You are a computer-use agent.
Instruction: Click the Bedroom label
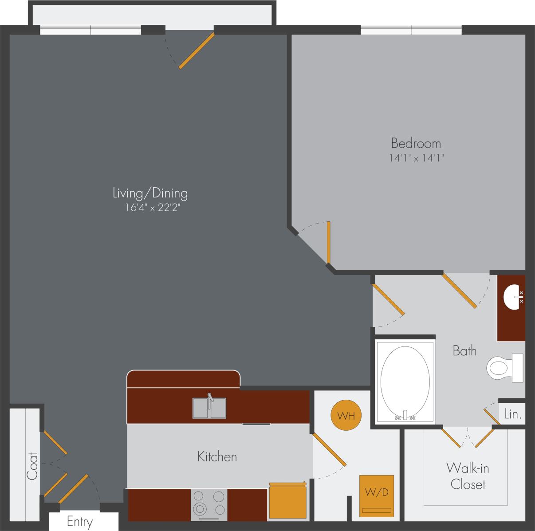point(416,143)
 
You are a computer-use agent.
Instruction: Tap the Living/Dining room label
point(150,193)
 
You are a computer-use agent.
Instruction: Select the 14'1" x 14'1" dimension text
point(417,157)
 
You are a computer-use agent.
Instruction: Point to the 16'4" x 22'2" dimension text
point(152,208)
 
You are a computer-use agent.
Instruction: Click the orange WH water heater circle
point(346,416)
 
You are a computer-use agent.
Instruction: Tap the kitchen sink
point(209,407)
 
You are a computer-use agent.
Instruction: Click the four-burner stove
point(209,505)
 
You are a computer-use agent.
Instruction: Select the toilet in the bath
point(505,368)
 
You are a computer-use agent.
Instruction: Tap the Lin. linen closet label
point(512,415)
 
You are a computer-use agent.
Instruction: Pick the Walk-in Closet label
point(468,476)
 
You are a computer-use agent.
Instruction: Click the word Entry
point(80,522)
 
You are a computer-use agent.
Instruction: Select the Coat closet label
point(32,466)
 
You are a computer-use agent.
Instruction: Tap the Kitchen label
point(217,456)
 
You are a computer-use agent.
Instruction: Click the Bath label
point(464,350)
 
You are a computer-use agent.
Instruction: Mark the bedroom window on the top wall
point(411,30)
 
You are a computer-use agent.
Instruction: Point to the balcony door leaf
point(197,51)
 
